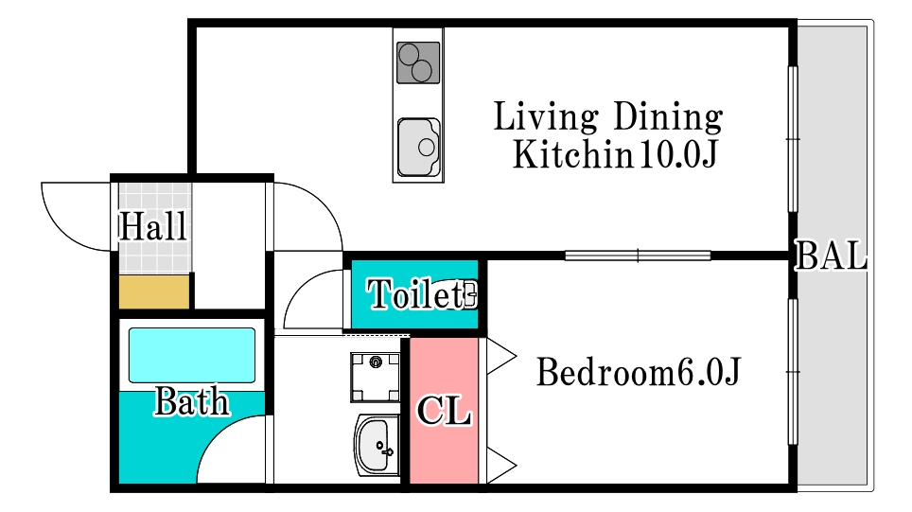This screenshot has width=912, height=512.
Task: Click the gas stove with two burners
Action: pos(418,62)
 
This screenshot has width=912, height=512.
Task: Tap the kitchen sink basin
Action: pos(419,148)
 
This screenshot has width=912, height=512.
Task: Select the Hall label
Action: pos(153,226)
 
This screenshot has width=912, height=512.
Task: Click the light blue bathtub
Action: pos(192,355)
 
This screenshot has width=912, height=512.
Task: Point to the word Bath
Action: pos(192,401)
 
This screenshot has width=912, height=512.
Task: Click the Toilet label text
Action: pos(416,293)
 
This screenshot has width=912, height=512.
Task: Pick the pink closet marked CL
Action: pos(445,410)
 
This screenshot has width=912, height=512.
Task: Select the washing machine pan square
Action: pos(376,377)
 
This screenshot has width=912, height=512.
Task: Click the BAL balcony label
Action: pos(832,256)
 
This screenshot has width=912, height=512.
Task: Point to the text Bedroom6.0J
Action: pos(638,372)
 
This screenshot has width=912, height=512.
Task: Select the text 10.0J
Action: pos(677,154)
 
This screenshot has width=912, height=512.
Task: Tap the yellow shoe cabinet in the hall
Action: pos(154,292)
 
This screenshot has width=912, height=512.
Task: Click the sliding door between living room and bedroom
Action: pos(638,256)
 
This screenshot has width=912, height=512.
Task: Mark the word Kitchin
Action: pos(572,154)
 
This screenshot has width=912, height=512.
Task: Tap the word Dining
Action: pos(668,116)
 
